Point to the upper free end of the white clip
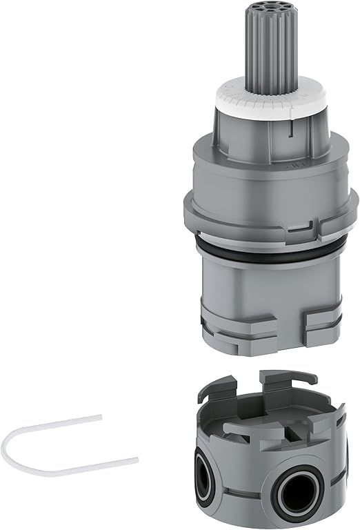click(101, 415)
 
